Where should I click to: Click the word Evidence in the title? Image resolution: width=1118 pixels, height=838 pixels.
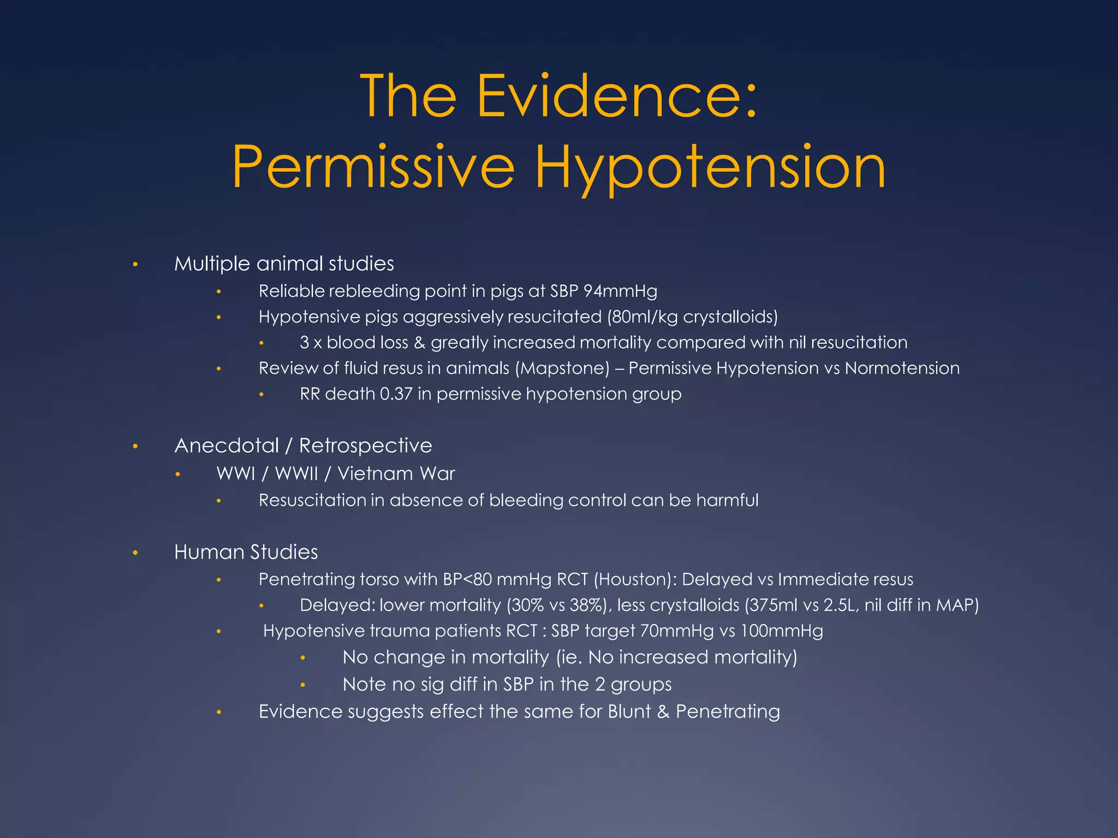tap(617, 97)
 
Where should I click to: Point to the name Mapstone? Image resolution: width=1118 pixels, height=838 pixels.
tap(562, 368)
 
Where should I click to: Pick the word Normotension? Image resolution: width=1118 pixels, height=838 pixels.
tap(902, 368)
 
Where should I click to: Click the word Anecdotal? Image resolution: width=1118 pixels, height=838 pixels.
tap(227, 446)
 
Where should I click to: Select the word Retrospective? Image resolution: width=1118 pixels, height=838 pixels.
tap(365, 446)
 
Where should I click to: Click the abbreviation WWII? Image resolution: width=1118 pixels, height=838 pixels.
tap(296, 474)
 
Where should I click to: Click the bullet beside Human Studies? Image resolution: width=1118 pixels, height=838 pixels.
tap(135, 553)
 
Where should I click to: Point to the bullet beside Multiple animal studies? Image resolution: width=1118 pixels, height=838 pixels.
tap(135, 265)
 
